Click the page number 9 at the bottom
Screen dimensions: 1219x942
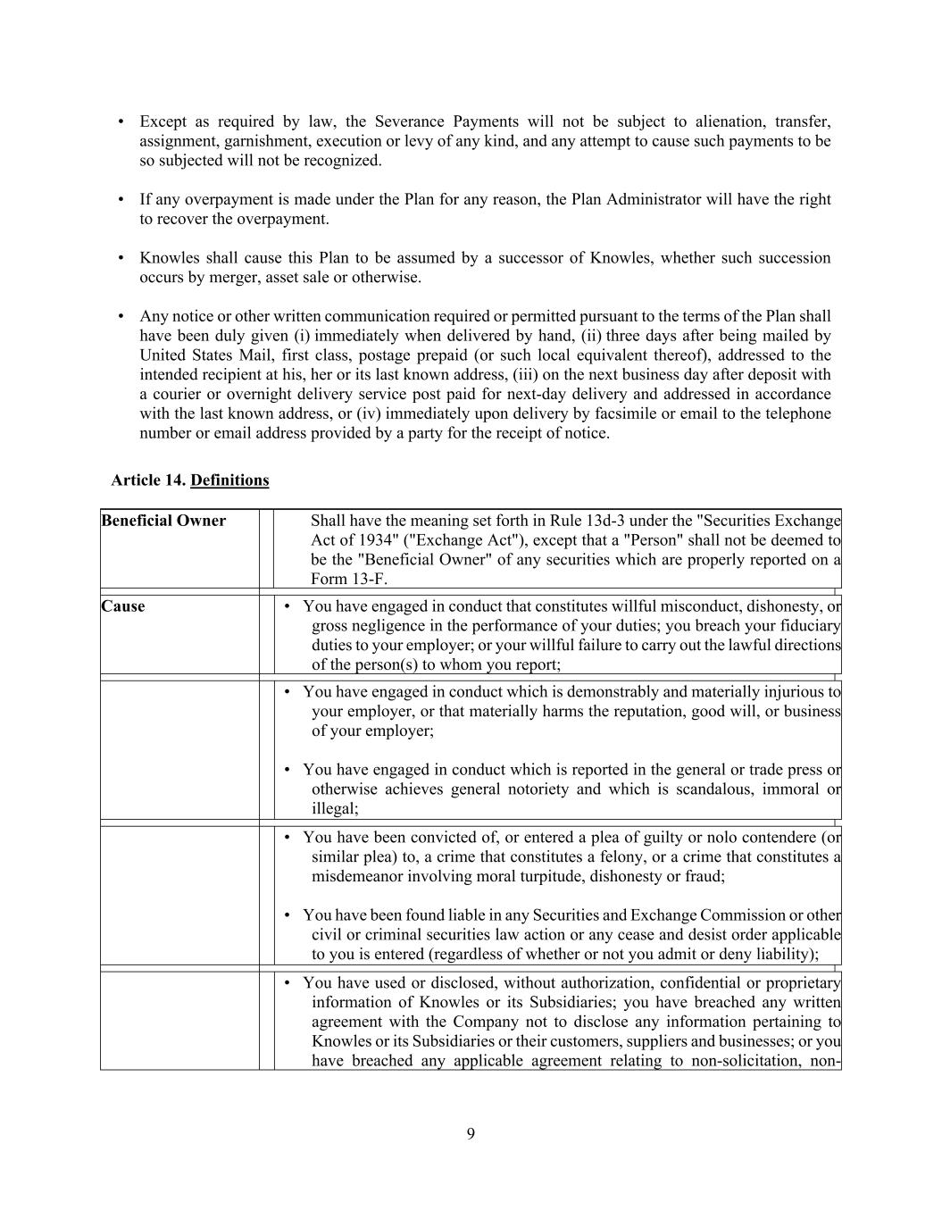(471, 1134)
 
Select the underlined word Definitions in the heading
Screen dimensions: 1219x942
(229, 480)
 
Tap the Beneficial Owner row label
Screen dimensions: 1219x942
(163, 521)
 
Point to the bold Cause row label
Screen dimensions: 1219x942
(123, 606)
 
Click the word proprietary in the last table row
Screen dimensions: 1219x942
(802, 983)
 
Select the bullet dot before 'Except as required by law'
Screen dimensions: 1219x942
(121, 122)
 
